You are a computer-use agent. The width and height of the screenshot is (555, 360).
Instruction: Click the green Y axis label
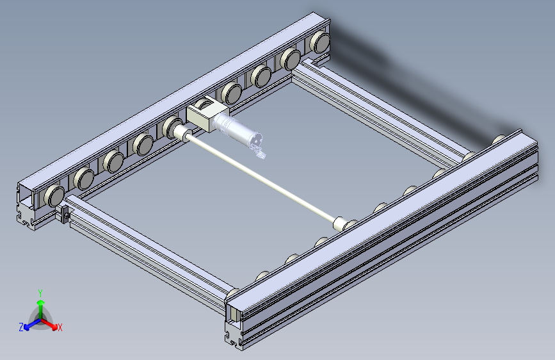tap(40, 293)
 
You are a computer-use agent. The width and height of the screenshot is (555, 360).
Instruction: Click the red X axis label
tap(60, 328)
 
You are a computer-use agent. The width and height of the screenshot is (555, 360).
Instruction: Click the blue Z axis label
tap(21, 327)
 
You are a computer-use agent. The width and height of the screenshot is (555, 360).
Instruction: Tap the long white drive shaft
tap(262, 178)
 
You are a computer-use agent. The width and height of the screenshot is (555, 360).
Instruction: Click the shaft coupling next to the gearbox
tap(182, 133)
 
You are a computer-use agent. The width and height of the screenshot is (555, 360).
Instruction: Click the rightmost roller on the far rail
tap(319, 42)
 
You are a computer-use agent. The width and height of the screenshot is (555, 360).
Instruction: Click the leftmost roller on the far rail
tap(54, 195)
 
